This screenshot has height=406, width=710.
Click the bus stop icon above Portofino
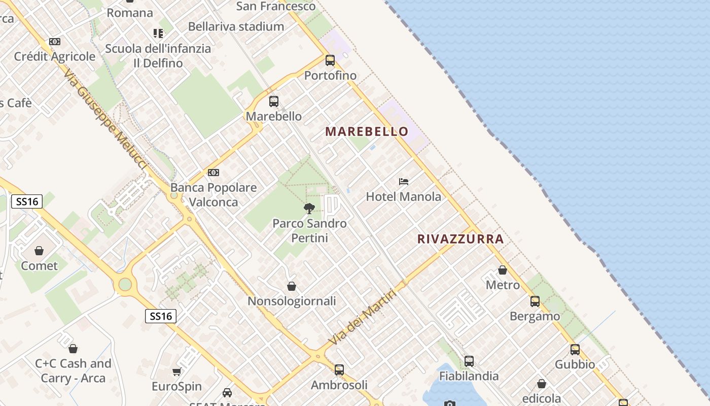coord(330,60)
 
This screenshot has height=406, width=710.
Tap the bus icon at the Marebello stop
coord(274,101)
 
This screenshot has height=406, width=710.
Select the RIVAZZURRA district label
coord(460,239)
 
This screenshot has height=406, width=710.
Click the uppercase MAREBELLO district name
coord(367,131)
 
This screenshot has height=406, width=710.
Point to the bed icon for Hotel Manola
coord(404,181)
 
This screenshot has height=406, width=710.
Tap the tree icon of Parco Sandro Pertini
coord(309,208)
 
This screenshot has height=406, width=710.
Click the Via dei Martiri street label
coord(362,317)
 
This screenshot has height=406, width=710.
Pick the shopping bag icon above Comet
coord(39,250)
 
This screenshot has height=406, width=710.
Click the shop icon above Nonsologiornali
coord(292,286)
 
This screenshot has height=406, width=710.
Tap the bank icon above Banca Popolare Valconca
coord(214,173)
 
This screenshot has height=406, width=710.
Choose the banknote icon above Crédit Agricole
coord(55,42)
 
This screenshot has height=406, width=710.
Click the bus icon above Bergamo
coord(535,301)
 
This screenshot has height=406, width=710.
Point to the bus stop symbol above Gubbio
coord(575,350)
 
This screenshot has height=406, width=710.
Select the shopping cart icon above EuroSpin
coord(177,372)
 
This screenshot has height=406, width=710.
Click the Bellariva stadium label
coord(236,26)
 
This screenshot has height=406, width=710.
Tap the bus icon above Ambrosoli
coord(339,370)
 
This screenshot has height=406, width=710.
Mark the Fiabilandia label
coord(469,376)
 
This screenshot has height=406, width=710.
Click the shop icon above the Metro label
coord(503,270)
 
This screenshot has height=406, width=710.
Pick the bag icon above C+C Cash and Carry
coord(73,349)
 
